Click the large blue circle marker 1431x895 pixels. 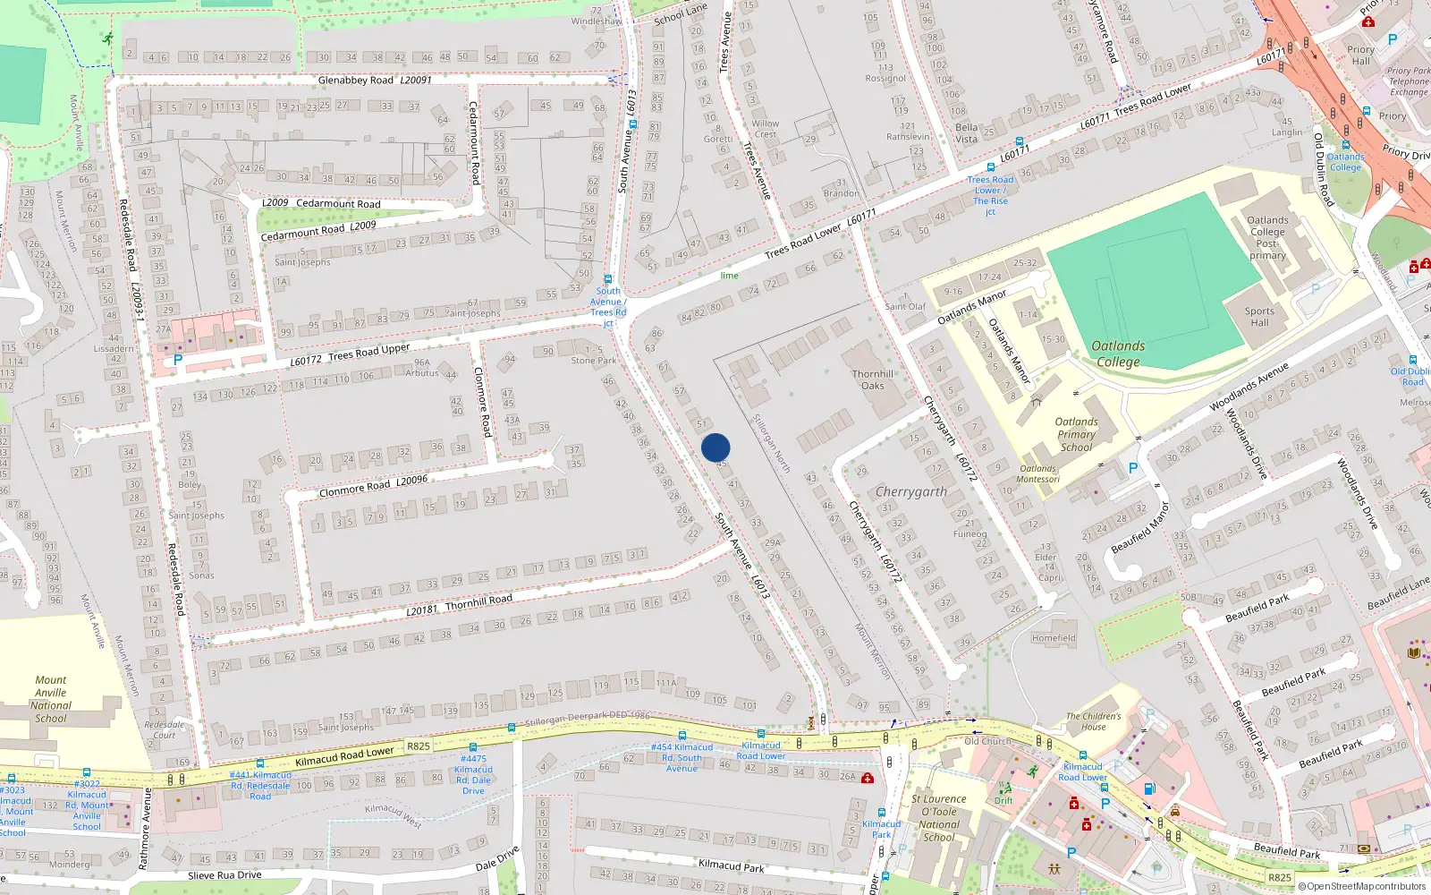point(715,447)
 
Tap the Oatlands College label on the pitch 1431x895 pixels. point(1118,354)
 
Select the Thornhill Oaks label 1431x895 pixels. point(872,379)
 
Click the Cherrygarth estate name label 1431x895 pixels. point(910,491)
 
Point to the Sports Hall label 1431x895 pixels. point(1259,317)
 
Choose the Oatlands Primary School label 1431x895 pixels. point(1076,434)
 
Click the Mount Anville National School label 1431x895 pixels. point(51,699)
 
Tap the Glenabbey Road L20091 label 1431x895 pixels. point(375,81)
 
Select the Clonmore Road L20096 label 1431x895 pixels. point(373,486)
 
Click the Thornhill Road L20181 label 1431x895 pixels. point(460,604)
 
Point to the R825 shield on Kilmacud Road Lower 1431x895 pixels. point(419,746)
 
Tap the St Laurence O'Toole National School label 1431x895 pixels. point(938,818)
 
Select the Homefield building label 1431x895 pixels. point(1054,638)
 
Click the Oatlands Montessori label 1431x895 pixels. point(1037,473)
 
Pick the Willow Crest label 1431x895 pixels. point(765,129)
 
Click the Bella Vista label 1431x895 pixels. point(966,133)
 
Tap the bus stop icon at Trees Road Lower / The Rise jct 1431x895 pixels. point(991,166)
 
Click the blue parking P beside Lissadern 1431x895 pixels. point(177,361)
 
